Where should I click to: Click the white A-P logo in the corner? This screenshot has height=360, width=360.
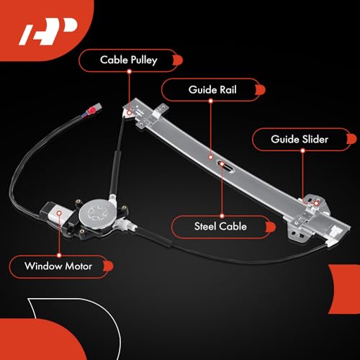pos(48,31)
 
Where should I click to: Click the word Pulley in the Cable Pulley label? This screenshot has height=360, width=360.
pos(144,60)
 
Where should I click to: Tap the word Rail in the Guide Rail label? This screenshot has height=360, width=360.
pos(228,90)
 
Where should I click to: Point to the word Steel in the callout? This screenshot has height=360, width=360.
pos(205,226)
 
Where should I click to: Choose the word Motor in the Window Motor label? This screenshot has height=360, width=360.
pos(78,266)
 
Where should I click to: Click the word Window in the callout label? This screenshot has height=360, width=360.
pos(43,266)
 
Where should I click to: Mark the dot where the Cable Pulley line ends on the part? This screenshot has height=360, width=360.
pos(130,112)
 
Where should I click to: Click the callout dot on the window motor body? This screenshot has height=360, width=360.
pos(59,213)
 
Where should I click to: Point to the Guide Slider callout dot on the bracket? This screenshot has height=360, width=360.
pos(316,203)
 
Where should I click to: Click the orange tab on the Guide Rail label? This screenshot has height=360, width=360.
pos(261,90)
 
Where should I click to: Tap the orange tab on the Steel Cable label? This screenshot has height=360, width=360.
pos(271,227)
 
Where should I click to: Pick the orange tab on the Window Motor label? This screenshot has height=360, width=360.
pos(109,266)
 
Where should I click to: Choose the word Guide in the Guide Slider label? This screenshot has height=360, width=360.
pos(285,139)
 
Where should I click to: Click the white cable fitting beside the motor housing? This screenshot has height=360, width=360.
pos(125,225)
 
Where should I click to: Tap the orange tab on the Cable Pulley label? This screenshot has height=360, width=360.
pos(178,60)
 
